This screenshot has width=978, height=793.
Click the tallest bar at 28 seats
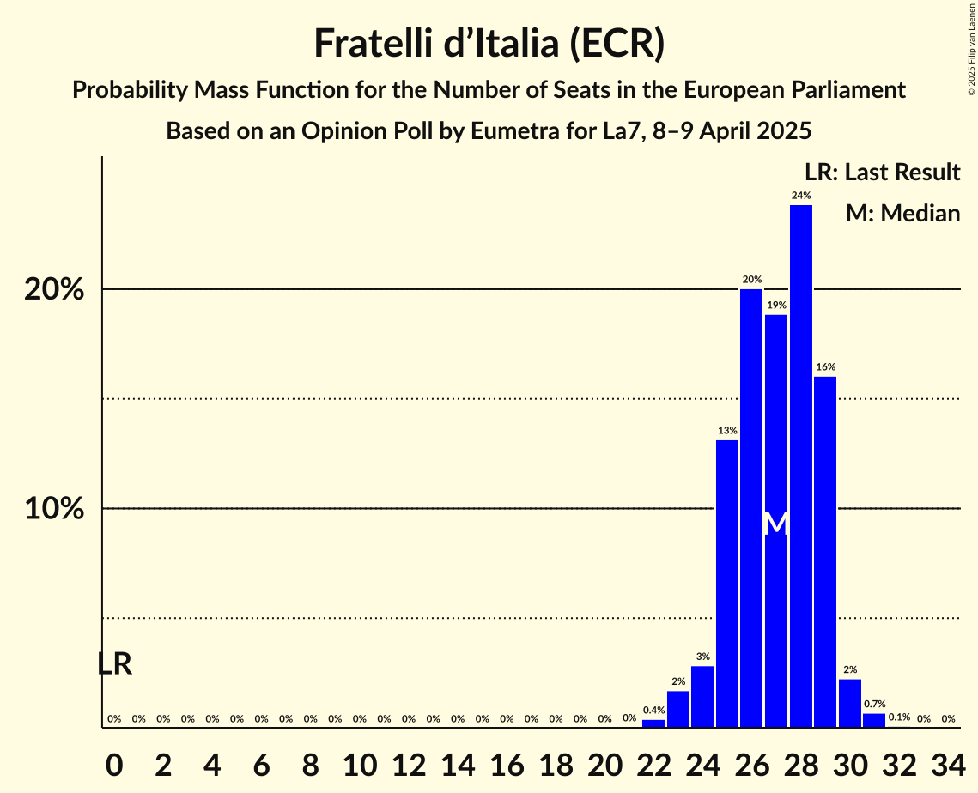[x=801, y=466]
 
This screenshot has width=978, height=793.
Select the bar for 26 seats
[x=751, y=508]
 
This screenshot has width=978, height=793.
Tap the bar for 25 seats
[x=727, y=584]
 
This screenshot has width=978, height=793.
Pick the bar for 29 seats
[x=825, y=552]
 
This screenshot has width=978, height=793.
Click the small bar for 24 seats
[x=702, y=696]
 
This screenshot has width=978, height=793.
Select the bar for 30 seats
[x=850, y=703]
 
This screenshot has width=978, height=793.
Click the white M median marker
[x=776, y=523]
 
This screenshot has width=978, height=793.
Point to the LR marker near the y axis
[x=114, y=663]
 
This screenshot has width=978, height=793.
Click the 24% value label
[x=801, y=196]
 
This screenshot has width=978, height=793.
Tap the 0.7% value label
[x=874, y=704]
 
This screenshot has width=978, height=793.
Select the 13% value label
[x=727, y=430]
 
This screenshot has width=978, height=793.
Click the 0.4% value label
[x=653, y=710]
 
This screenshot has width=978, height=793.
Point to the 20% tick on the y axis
[x=54, y=290]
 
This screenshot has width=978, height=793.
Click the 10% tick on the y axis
[x=54, y=509]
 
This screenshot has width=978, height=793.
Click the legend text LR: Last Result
[x=883, y=172]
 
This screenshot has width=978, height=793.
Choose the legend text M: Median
[x=902, y=213]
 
